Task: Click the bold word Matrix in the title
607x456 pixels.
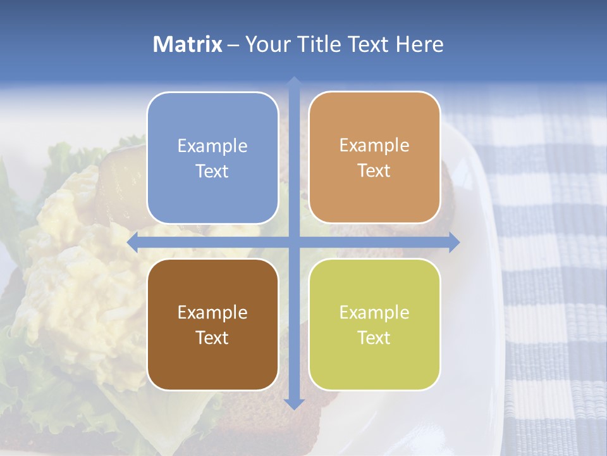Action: point(188,44)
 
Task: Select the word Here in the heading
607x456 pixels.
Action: point(420,44)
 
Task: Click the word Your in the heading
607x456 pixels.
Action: point(266,44)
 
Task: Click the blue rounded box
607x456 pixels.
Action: point(212,158)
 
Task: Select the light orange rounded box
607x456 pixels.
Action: point(374,158)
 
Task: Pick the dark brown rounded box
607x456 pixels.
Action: point(212,324)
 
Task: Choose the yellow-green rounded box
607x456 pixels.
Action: point(374,324)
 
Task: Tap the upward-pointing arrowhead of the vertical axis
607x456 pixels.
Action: point(293,81)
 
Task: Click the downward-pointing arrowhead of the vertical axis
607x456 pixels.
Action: point(293,403)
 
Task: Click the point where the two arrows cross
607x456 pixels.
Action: point(293,242)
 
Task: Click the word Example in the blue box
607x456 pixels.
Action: point(212,146)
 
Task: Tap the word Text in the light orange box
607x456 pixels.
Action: point(374,171)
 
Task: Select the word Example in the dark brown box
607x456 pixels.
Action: point(212,312)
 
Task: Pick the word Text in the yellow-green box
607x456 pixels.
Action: point(374,338)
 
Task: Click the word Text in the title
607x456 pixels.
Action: point(368,44)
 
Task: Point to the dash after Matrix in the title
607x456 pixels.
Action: point(233,45)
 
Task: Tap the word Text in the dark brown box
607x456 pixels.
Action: point(212,338)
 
